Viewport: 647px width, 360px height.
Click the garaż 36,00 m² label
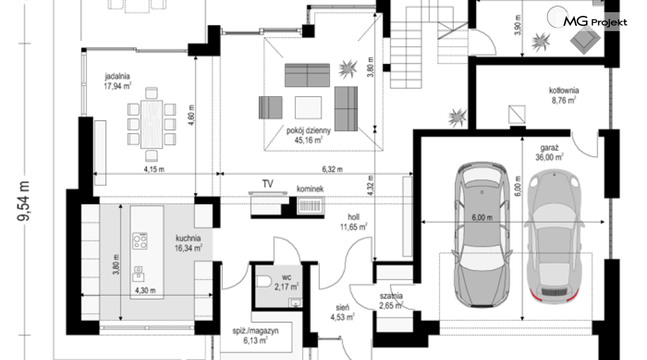click(549, 153)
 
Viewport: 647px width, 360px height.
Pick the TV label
click(268, 184)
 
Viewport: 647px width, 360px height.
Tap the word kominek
click(310, 189)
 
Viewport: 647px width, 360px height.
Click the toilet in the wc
click(263, 281)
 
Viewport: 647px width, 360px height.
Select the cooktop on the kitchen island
click(140, 241)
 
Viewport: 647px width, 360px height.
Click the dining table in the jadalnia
click(151, 124)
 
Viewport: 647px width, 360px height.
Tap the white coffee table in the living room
click(308, 107)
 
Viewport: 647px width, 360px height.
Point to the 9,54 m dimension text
click(24, 201)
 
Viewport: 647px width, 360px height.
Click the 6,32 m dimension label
click(332, 169)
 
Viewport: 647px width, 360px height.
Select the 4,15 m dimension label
click(154, 169)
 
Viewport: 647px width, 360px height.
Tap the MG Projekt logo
click(595, 21)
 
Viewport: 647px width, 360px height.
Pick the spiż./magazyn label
click(255, 336)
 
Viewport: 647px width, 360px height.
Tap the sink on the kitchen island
click(138, 274)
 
